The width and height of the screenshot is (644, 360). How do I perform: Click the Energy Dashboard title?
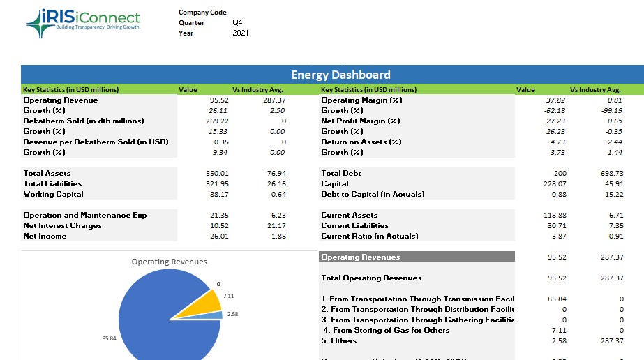[x=340, y=75]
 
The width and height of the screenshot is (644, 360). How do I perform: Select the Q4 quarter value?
[x=237, y=22]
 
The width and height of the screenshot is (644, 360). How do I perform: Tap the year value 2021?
[x=240, y=33]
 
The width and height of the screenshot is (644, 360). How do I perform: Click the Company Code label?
[x=202, y=13]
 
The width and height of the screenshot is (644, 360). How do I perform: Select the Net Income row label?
[x=45, y=236]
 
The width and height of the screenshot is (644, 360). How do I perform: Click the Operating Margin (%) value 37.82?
[x=555, y=100]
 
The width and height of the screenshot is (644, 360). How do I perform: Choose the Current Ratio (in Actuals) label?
[x=369, y=236]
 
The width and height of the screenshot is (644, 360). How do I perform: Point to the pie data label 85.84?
[x=109, y=339]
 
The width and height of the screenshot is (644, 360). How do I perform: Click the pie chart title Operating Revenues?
[x=169, y=262]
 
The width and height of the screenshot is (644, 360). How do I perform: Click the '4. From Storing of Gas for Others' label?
[x=387, y=330]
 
